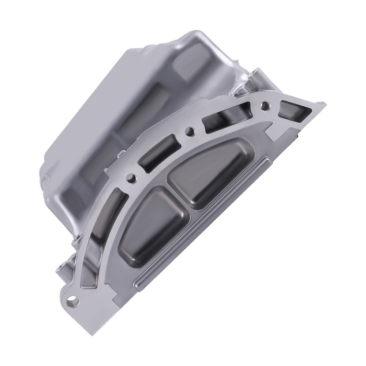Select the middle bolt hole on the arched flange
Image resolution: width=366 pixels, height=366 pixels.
[189, 131]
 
